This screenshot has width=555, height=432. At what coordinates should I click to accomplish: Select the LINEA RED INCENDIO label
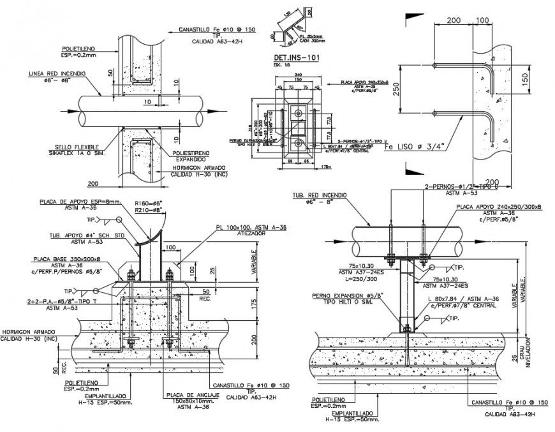(57, 74)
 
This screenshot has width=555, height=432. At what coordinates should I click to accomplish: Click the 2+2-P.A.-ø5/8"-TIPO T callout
(61, 301)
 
